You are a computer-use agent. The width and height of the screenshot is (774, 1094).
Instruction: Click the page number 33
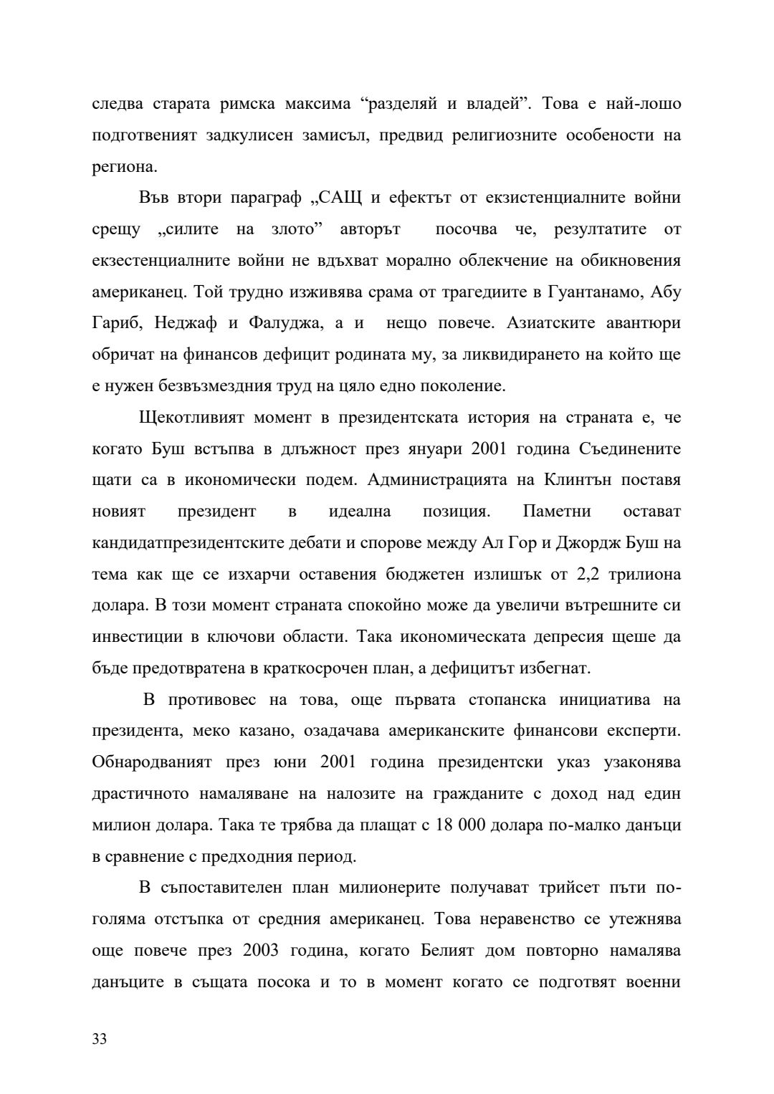(x=100, y=1039)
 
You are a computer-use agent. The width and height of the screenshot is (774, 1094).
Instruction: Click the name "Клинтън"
(x=578, y=481)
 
